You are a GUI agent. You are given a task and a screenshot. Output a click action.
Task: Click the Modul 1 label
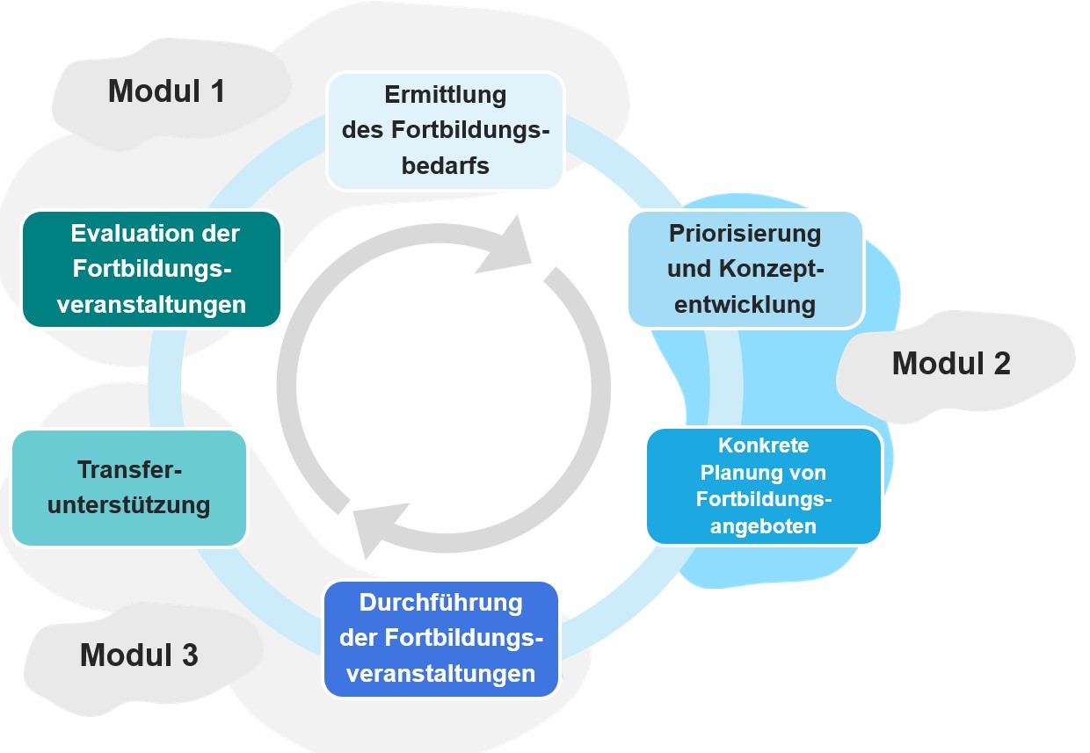point(166,91)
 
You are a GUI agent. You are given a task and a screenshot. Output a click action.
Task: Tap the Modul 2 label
point(951,363)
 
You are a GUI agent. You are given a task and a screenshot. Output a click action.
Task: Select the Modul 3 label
point(139,655)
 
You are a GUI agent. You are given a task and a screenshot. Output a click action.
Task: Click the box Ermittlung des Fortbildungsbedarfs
point(446,130)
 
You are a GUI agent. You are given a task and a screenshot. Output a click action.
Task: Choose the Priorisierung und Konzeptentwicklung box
point(745,269)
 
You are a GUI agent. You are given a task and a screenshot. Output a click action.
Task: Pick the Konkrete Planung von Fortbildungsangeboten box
point(764,486)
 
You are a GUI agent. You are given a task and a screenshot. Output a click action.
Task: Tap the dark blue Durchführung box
point(441,639)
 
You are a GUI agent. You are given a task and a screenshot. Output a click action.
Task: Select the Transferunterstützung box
point(129,488)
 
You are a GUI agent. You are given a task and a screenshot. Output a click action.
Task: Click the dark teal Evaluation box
point(151,269)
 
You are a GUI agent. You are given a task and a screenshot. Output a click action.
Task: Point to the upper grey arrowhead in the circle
point(508,247)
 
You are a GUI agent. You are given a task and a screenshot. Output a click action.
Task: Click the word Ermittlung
point(446,94)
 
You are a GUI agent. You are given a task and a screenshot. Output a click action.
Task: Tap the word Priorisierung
point(745,234)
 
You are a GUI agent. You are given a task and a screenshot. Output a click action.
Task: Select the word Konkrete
point(764,445)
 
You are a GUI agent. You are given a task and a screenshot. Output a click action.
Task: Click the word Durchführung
point(441,603)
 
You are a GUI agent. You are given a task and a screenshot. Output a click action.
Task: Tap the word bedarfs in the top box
point(446,166)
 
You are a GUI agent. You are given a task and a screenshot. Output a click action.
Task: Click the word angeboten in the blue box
point(764,526)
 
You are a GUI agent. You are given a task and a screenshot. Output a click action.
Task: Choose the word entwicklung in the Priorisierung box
point(745,305)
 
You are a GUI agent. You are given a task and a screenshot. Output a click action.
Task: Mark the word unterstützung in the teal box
point(129,505)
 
